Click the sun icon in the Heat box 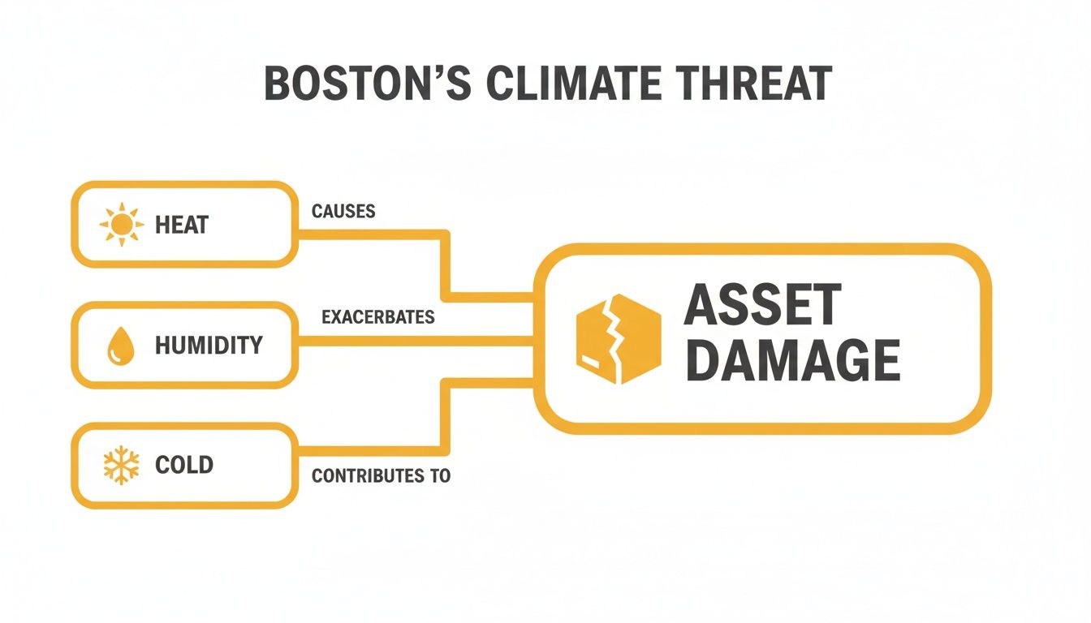(121, 224)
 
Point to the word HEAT (182, 225)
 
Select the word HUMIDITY (209, 346)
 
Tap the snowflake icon (121, 466)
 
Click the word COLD (184, 466)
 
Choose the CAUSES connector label (343, 212)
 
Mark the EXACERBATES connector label (377, 316)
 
